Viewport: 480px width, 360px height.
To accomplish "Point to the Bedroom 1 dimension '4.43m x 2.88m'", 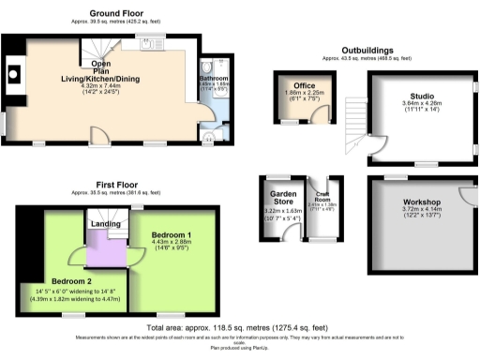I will [x=172, y=242].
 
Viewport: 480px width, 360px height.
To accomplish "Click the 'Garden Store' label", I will [x=282, y=201].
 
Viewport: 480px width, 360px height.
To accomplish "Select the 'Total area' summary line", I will [x=239, y=328].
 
